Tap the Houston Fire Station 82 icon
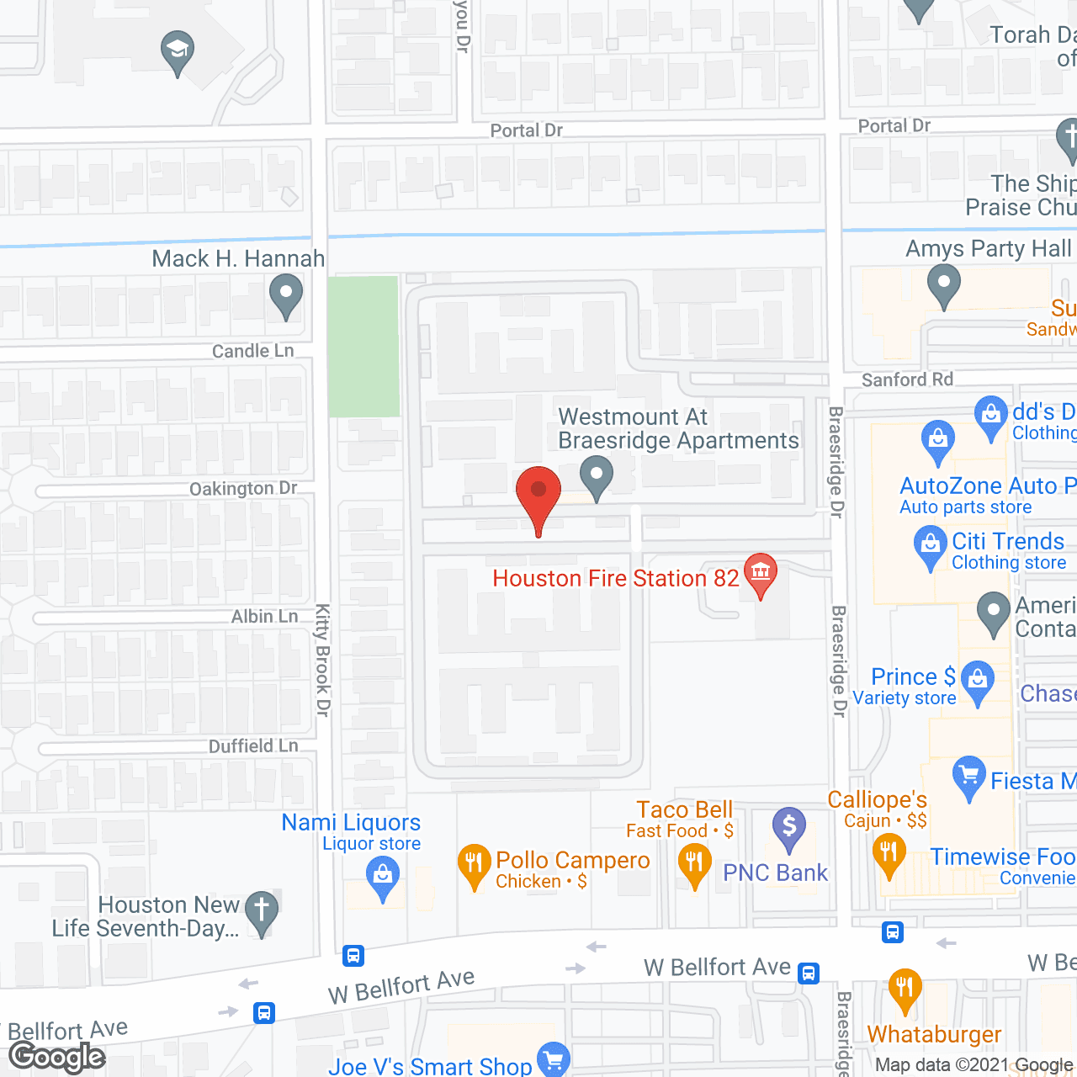pos(761,572)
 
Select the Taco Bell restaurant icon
pos(694,863)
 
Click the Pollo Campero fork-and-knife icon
pos(474,863)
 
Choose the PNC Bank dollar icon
pos(789,826)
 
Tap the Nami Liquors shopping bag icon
pos(383,875)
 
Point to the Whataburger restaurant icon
pos(905,988)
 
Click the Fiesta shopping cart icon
pos(969,775)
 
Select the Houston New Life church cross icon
pos(262,910)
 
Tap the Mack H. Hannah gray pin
pos(286,295)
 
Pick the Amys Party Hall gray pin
pos(944,284)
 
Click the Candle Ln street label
pos(252,351)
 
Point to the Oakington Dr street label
pos(243,489)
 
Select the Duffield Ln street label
pos(253,746)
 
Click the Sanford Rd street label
pos(907,379)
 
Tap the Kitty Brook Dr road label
pos(322,660)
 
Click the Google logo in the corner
pos(57,1057)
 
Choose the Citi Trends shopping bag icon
pos(931,544)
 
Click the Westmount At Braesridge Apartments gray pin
pos(597,475)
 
